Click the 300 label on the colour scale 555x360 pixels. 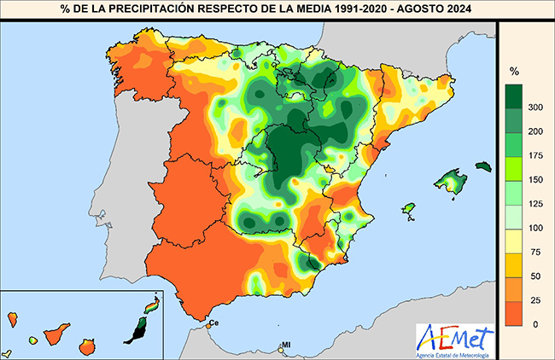536,107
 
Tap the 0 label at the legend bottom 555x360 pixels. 536,324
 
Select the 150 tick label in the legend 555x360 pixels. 536,179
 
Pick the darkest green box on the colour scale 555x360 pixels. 515,95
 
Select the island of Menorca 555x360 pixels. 483,165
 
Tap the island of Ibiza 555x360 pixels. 408,209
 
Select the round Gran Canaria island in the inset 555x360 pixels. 86,346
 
